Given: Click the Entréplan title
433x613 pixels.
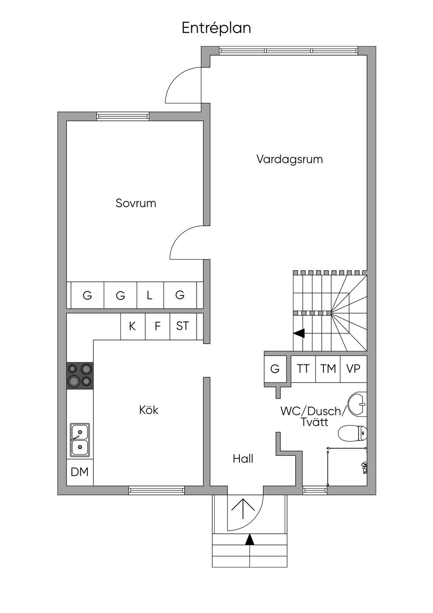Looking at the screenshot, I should pos(216,28).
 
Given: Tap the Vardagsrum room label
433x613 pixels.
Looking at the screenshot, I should pos(289,160).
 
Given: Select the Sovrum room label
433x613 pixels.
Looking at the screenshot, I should pos(136,203).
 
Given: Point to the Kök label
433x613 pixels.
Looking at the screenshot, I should pos(148,410).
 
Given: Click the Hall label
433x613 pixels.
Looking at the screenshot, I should pos(243,458).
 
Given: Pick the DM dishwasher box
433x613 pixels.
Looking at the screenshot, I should pos(80,472).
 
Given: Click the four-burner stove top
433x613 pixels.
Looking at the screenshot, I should pos(80,375).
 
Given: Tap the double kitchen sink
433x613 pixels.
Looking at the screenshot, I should pos(80,440).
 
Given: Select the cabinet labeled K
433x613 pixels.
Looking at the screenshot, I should pos(132,326).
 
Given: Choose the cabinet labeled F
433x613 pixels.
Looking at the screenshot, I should pos(157,326).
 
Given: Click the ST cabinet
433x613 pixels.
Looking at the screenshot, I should pos(183,326).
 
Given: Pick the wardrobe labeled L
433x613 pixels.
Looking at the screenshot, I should pos(150,295).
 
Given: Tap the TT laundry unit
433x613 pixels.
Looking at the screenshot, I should pos(303,369).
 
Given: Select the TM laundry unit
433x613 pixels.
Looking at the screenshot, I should pos(328,369).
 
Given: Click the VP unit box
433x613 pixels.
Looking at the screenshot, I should pos(353,369).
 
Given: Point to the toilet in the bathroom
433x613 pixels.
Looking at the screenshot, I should pos(352,433).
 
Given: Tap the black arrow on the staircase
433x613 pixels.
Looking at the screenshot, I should pos(299,334).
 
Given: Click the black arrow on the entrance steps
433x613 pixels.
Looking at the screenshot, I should pos(250,539).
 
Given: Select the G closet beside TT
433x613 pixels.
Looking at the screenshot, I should pos(275,369).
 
